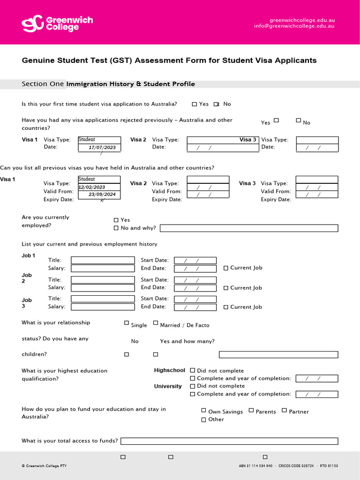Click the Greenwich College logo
pos(57,23)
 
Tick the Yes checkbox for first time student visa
pos(195,104)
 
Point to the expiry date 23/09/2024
pos(102,194)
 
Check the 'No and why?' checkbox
pos(116,228)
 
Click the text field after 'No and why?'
pos(249,228)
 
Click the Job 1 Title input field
pos(103,260)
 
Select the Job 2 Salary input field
pos(103,288)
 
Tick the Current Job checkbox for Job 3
pos(226,307)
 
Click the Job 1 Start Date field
pos(195,261)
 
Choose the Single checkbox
pos(127,323)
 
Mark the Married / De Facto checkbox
pos(156,323)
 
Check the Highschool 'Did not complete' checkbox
pos(193,371)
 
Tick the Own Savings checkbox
pos(204,410)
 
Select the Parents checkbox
pos(251,410)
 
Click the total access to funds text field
pos(229,441)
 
